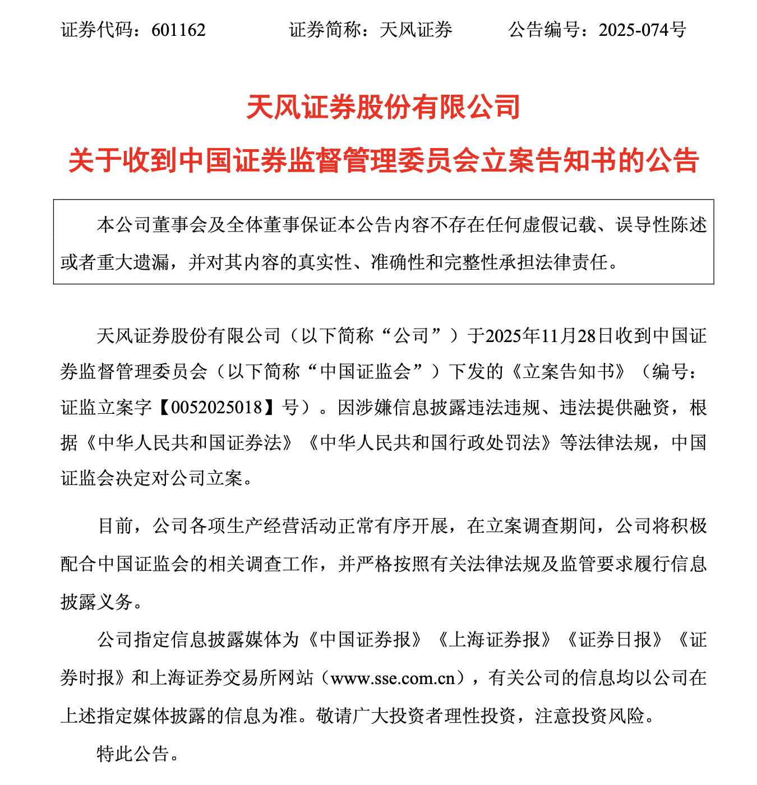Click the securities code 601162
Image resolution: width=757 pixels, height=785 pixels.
(178, 30)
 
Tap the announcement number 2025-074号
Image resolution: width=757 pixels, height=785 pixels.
(642, 30)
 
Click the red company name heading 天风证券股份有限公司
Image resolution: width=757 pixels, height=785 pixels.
(384, 107)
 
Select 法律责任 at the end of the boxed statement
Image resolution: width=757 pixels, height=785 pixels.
(580, 262)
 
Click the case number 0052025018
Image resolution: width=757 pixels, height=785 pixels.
(217, 407)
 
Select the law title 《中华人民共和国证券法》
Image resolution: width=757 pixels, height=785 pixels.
(189, 443)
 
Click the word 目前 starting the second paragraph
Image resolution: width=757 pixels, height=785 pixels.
(116, 526)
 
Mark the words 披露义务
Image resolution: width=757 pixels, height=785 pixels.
(97, 602)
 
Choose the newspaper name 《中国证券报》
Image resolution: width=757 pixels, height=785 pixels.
(365, 640)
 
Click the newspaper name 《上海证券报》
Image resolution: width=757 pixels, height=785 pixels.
(494, 640)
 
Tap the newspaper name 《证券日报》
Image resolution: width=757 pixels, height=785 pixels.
(615, 640)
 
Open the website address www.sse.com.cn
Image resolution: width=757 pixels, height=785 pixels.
(393, 678)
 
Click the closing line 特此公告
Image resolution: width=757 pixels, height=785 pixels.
(133, 754)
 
